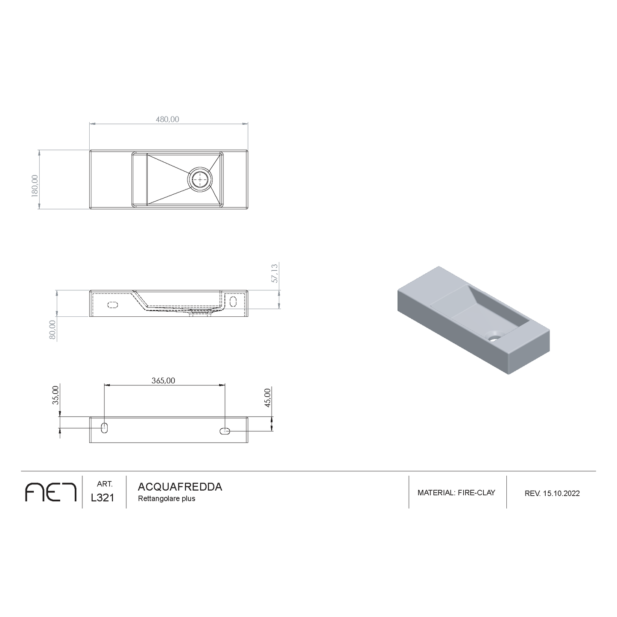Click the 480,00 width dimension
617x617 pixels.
[167, 120]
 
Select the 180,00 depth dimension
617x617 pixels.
[35, 184]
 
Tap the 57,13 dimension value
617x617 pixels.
[275, 273]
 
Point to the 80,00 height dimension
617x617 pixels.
[53, 330]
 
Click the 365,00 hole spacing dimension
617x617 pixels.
[164, 380]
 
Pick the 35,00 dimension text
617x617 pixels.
[55, 395]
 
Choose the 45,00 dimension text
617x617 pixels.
[268, 398]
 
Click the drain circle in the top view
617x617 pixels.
[200, 179]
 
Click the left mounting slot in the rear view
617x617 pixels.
[104, 428]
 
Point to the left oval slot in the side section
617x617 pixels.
[113, 305]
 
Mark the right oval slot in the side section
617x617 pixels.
[233, 301]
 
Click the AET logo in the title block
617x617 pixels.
[51, 492]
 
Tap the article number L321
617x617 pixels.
[103, 498]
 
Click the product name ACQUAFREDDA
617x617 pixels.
[180, 487]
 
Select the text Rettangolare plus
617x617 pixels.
[167, 499]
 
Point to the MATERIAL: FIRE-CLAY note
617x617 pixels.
[456, 493]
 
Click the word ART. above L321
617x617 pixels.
[105, 484]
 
